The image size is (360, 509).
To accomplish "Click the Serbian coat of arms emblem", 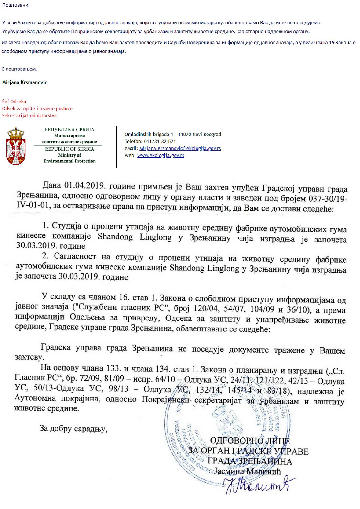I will [16, 146].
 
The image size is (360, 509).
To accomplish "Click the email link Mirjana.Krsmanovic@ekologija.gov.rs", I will [180, 148].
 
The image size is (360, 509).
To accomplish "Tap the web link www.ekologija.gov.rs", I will [161, 155].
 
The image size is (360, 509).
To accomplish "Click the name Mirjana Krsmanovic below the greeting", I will [25, 82].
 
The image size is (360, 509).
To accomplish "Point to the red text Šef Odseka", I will [14, 102].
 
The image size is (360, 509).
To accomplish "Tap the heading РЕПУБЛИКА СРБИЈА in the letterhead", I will [69, 130].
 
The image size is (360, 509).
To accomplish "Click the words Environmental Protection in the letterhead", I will [69, 161].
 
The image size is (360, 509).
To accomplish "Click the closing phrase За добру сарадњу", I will [74, 429].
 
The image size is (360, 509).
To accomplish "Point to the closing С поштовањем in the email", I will [19, 69].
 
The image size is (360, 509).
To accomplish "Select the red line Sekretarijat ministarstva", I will [29, 115].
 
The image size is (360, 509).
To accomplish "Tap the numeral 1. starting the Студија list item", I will [45, 225].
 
